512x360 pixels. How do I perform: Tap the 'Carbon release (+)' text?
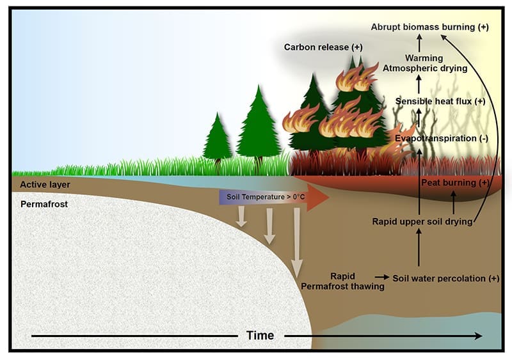coord(323,47)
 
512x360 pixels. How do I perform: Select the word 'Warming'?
coord(419,57)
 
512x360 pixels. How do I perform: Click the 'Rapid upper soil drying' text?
coord(422,221)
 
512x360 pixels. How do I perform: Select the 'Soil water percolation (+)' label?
coord(445,278)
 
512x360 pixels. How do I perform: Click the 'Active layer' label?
coord(45,184)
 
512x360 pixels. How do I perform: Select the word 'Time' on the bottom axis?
coord(260,335)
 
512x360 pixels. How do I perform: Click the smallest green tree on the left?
coord(218,137)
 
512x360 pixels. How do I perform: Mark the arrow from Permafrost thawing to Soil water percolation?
coord(381,277)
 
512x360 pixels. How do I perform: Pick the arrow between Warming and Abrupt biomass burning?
coord(420,43)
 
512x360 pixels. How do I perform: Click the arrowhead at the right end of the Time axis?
coord(478,336)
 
